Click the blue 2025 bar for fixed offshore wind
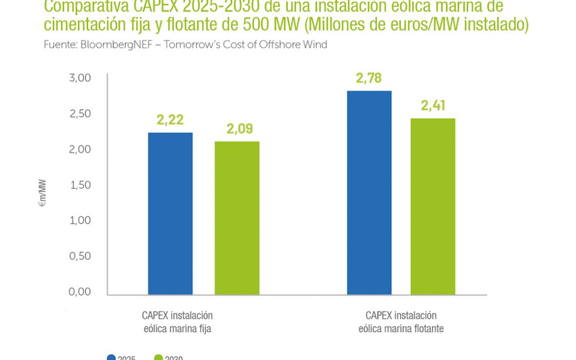click(x=170, y=213)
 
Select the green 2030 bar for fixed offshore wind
click(x=237, y=218)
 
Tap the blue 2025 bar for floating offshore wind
click(x=369, y=193)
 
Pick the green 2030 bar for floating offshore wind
click(x=433, y=206)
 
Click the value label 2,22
click(x=170, y=120)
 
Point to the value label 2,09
click(x=239, y=129)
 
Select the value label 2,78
click(x=369, y=78)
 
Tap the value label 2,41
click(x=433, y=106)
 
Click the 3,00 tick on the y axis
click(x=81, y=78)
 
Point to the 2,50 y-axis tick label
click(x=81, y=114)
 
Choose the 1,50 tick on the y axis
click(x=81, y=185)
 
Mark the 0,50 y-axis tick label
click(x=81, y=256)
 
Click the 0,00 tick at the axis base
click(x=81, y=292)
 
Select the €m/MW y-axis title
click(x=42, y=193)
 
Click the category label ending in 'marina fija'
click(x=177, y=322)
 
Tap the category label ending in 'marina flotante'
click(x=401, y=322)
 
